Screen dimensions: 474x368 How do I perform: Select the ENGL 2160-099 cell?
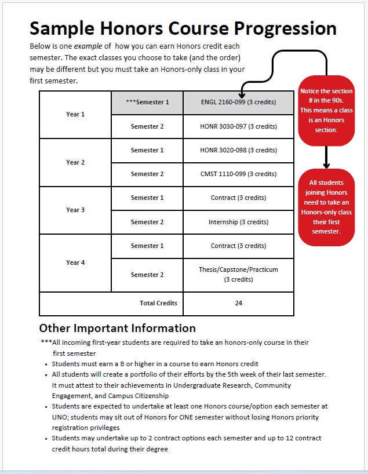[238, 103]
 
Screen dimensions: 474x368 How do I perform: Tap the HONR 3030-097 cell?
[238, 126]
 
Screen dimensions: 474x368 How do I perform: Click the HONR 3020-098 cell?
[238, 150]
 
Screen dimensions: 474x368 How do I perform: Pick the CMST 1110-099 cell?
[238, 174]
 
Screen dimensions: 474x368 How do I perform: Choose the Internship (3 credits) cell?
[238, 222]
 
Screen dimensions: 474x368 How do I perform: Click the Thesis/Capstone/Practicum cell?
[238, 274]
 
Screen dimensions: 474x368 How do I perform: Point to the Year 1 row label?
[75, 114]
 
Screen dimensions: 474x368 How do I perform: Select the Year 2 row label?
[75, 162]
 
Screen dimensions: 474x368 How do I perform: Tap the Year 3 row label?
[75, 210]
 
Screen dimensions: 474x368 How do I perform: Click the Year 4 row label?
[75, 262]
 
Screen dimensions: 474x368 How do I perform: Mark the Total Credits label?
[158, 303]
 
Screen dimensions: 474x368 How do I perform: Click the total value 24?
[238, 303]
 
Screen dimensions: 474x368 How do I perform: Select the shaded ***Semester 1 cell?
[147, 103]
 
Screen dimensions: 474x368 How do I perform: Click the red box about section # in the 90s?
[326, 110]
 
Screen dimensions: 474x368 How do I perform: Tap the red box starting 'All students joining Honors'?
[326, 207]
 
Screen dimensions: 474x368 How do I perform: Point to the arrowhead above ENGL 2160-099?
[242, 94]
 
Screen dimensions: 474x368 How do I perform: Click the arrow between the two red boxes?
[326, 157]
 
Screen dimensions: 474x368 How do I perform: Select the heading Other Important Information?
[117, 328]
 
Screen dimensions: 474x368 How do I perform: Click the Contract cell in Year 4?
[238, 246]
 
